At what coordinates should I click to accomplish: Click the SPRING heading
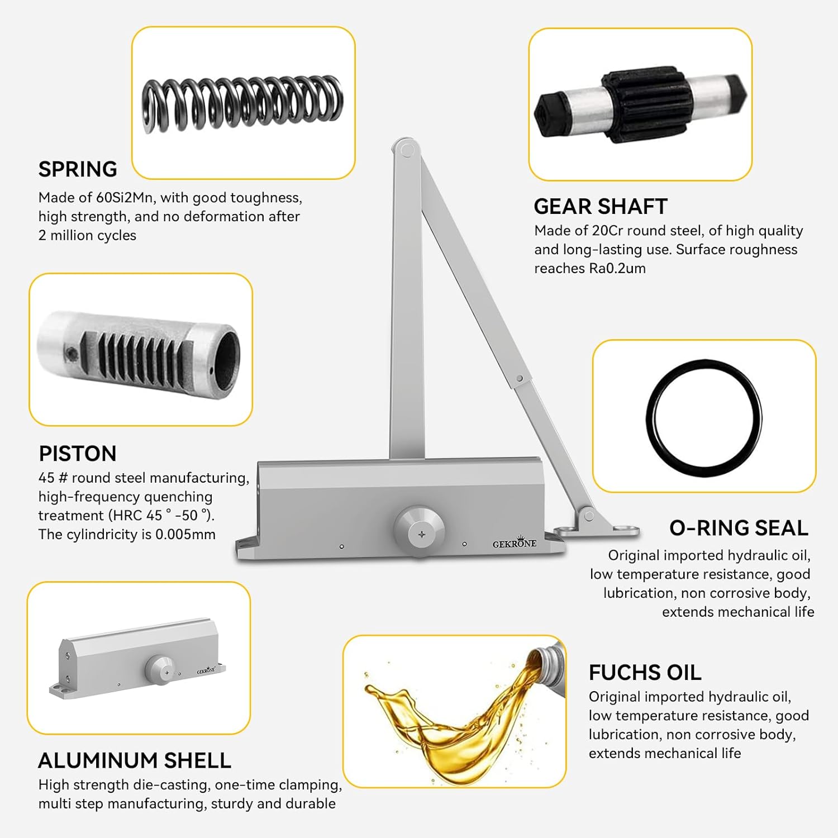(x=78, y=169)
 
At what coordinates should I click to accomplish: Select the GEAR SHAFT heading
(x=601, y=207)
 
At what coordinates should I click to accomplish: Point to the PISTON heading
(x=78, y=454)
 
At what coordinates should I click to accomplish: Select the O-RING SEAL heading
(x=739, y=528)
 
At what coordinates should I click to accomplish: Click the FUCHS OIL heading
(x=645, y=673)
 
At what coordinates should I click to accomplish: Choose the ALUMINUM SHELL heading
(x=134, y=761)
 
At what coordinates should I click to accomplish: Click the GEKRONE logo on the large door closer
(x=514, y=543)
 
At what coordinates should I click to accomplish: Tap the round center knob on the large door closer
(x=420, y=531)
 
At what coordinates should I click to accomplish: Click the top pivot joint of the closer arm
(x=407, y=150)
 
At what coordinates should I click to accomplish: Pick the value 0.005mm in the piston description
(x=185, y=535)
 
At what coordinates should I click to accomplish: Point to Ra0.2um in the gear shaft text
(x=617, y=269)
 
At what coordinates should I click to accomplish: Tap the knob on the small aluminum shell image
(x=160, y=668)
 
